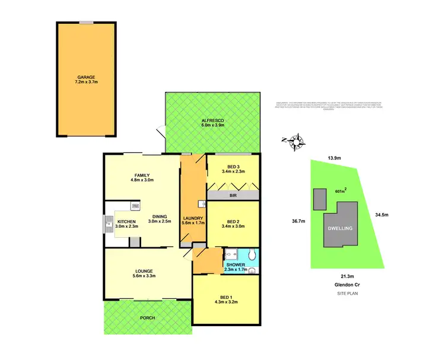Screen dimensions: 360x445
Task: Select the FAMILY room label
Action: [x=141, y=176]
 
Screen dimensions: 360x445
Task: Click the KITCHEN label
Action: [x=125, y=222]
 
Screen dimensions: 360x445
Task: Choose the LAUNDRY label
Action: [x=193, y=218]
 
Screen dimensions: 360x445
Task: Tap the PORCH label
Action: [x=147, y=318]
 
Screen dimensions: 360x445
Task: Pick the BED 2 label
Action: [x=233, y=218]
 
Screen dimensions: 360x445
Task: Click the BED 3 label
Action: [x=233, y=167]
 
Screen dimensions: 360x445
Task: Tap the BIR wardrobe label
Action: [x=233, y=195]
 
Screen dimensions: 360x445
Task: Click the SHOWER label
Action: [x=236, y=265]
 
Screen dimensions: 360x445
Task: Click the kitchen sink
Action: [x=110, y=224]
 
